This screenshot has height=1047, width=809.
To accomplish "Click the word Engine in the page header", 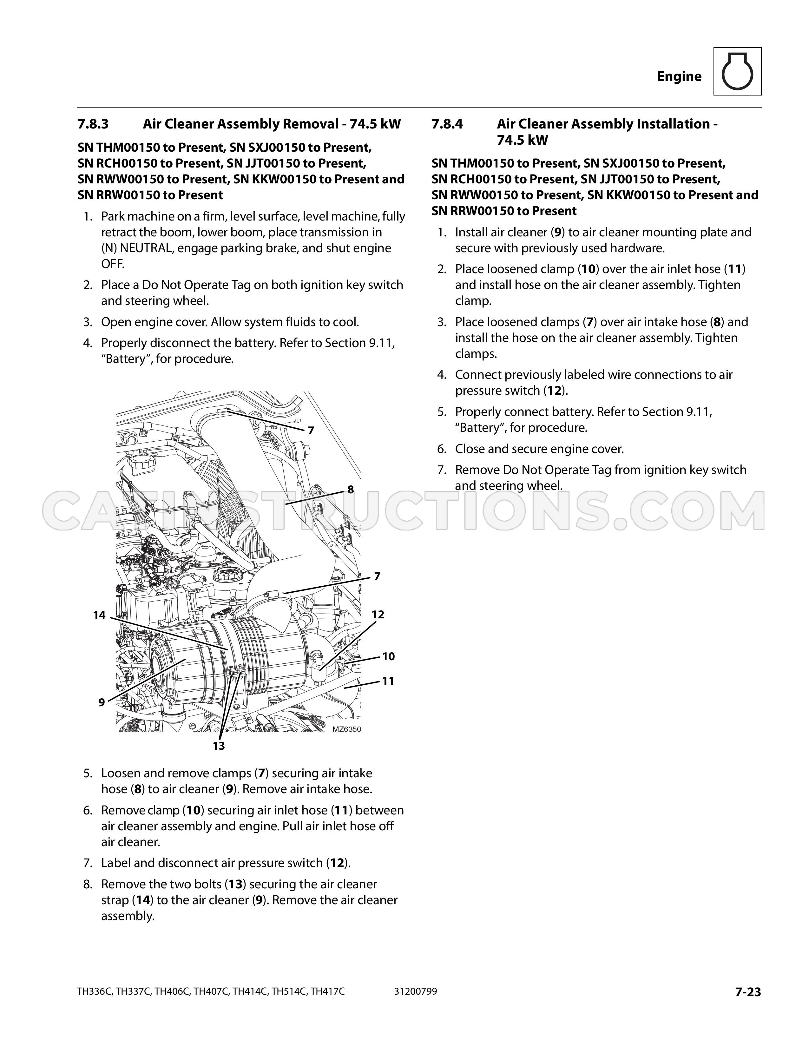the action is [679, 76].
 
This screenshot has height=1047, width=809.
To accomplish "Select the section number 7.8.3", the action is [93, 124].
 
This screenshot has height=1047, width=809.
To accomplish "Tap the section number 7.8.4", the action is [447, 124].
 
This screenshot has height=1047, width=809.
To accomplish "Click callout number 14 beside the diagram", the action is [99, 615].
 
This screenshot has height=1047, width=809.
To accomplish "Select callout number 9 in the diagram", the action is [102, 702].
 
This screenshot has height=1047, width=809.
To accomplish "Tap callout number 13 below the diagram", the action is [219, 746].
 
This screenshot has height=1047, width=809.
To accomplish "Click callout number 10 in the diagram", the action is [388, 656].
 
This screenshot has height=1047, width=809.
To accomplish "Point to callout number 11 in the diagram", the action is [388, 681].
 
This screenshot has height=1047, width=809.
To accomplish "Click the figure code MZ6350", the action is [346, 729].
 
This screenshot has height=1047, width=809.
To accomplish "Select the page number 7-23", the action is [748, 991].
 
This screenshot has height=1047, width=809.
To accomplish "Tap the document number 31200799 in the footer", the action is [416, 991].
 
